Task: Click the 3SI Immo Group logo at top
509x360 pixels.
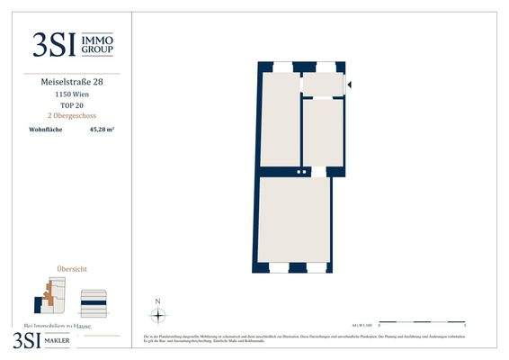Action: pos(73,43)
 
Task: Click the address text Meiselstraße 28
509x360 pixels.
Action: pos(73,82)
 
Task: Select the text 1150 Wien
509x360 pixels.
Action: pos(73,94)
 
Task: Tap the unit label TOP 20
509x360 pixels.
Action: pos(73,105)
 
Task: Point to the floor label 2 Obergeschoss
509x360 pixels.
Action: pos(73,116)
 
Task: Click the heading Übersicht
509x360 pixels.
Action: pos(73,269)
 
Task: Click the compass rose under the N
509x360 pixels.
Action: pos(158,314)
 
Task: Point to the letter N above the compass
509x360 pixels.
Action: pos(158,301)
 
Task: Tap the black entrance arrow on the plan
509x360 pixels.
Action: pos(349,85)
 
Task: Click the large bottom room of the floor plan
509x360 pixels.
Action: pos(293,220)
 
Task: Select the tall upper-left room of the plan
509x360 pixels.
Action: pos(280,119)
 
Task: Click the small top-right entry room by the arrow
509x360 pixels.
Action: pos(323,85)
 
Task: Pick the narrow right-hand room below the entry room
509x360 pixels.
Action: pos(323,131)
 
